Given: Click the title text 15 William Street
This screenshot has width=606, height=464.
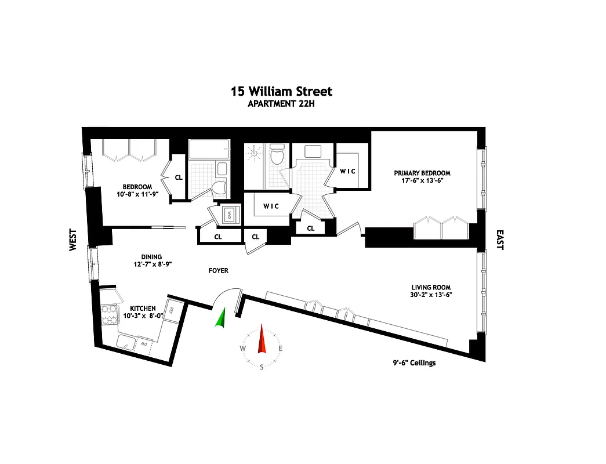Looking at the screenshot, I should (x=282, y=92).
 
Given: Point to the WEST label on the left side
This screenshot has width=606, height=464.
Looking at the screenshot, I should (x=73, y=240).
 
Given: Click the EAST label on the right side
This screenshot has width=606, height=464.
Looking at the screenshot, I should (x=500, y=240).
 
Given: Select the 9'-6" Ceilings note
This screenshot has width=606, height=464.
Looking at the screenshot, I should (x=413, y=363).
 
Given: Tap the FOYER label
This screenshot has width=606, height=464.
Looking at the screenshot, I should (x=219, y=271).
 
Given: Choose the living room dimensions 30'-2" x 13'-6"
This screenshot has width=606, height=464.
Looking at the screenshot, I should (x=431, y=295).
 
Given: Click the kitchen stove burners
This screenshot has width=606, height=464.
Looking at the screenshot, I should (x=108, y=316).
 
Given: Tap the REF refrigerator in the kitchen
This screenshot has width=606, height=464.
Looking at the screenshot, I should (x=172, y=311).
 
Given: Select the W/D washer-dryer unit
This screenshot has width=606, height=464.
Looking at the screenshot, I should (x=228, y=213).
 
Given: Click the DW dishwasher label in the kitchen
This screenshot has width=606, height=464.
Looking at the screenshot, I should (x=144, y=344).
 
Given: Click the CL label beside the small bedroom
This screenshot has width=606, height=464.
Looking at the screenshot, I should (x=179, y=177).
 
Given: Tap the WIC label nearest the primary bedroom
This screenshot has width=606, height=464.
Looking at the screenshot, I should (x=348, y=171).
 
